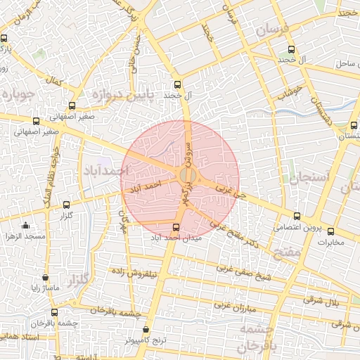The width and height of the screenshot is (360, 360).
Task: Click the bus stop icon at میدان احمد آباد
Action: pyautogui.click(x=176, y=227)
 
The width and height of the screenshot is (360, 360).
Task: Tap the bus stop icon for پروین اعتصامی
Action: pyautogui.click(x=297, y=217)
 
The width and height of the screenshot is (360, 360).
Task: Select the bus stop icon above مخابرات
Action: pyautogui.click(x=330, y=231)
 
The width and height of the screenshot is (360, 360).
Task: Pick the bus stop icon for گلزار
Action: pyautogui.click(x=67, y=205)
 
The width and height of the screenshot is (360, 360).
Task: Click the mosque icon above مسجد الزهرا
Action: pyautogui.click(x=26, y=226)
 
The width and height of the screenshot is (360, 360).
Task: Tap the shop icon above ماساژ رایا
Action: pyautogui.click(x=46, y=278)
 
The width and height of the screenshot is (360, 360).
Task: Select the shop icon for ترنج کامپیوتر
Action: pyautogui.click(x=146, y=329)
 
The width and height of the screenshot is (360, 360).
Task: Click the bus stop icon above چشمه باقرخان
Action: pyautogui.click(x=54, y=312)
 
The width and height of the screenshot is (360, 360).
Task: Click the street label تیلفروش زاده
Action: pyautogui.click(x=139, y=272)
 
